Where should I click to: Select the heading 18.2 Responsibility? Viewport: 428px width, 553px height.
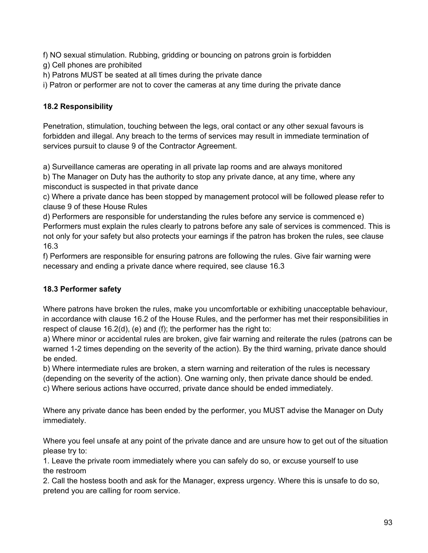coord(78,107)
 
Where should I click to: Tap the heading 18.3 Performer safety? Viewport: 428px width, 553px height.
coord(82,289)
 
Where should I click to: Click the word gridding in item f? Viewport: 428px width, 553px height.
coord(174,55)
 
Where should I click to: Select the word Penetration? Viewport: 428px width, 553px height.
coord(64,126)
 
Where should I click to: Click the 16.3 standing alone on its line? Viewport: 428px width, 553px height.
coord(50,246)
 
